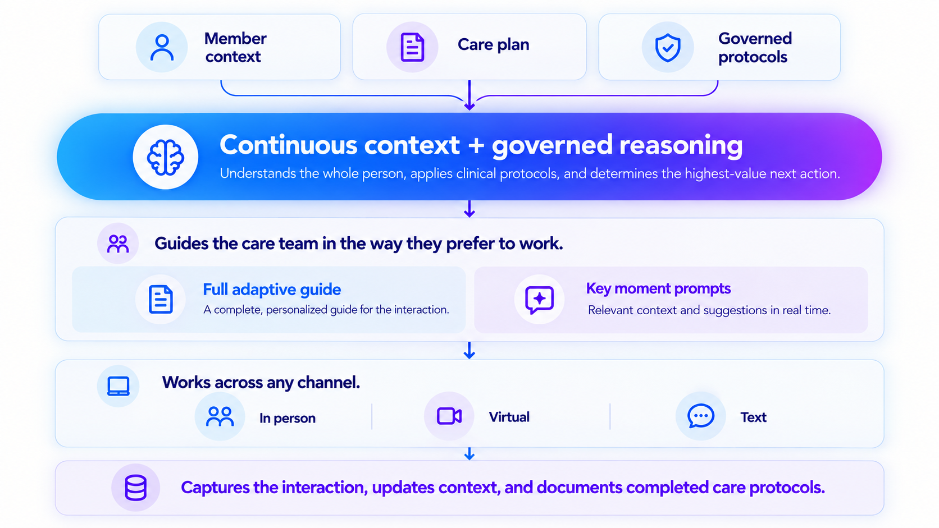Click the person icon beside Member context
coord(162,47)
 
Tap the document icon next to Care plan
coord(412,47)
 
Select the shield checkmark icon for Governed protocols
coord(668,47)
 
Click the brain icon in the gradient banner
coord(166,157)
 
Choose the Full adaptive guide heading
coord(272,290)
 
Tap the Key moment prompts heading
coord(658,288)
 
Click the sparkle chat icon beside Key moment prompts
coord(540,300)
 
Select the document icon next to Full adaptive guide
coord(161,300)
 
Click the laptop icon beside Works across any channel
coord(118,386)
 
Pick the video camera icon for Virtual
coord(449,416)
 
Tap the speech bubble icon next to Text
coord(700,416)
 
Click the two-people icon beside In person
coord(220,417)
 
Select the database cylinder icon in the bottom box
coord(136,488)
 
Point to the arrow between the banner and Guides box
coord(469,209)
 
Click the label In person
coord(287,418)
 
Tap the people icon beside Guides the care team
coord(118,244)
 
